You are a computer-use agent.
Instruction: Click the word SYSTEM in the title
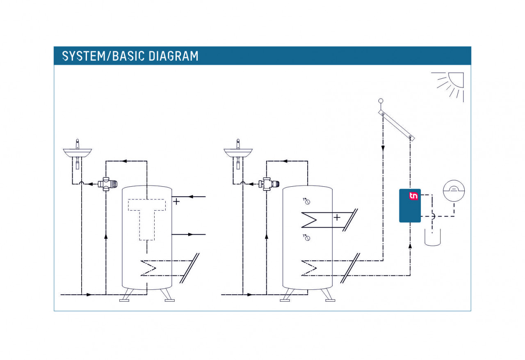coord(84,56)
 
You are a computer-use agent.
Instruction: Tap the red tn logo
coord(413,196)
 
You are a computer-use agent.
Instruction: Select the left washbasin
coord(78,152)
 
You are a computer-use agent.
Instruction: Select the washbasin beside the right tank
coord(238,152)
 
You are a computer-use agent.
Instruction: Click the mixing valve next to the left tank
coord(107,184)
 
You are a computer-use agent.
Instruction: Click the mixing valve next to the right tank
coord(269,184)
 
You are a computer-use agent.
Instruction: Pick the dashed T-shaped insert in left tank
coord(147,219)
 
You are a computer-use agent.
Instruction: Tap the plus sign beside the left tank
coord(176,202)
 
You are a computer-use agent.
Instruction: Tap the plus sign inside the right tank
coord(337,218)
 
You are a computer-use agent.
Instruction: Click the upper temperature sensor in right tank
coord(307,201)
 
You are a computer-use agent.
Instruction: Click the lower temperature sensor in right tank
coord(307,238)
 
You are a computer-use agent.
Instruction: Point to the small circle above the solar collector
coord(381,101)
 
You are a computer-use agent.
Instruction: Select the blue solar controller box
coord(410,205)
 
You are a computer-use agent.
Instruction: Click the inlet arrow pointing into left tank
coord(191,197)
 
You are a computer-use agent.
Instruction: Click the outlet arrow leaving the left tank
coord(190,234)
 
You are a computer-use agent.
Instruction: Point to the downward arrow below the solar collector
coord(383,148)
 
